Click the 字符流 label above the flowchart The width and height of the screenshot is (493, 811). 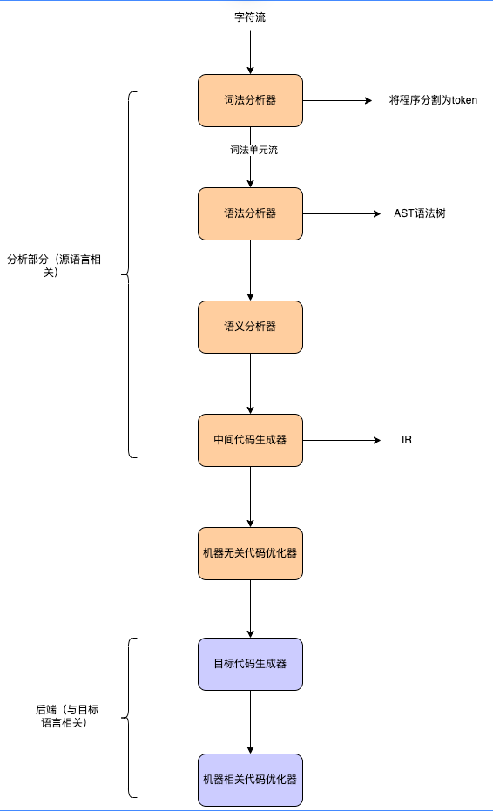(250, 17)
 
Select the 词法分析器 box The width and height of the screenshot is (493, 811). (250, 100)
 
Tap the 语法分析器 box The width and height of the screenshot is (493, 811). (250, 213)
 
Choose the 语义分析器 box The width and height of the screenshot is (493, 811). (250, 327)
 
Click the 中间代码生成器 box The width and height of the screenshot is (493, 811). (250, 440)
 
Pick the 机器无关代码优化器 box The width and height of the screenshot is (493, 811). (250, 553)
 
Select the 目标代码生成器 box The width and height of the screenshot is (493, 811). (250, 664)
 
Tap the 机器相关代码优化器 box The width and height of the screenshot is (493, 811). (250, 780)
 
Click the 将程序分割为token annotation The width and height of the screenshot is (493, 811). (433, 100)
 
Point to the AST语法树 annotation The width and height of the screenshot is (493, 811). (420, 213)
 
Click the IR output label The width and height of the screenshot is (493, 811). (407, 440)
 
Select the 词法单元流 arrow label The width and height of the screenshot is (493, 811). (254, 150)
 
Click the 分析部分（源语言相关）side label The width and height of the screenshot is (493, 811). (54, 266)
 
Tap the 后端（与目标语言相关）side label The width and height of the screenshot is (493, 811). (66, 716)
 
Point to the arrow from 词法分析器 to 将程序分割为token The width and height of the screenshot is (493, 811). (337, 100)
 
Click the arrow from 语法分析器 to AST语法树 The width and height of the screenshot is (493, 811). (341, 213)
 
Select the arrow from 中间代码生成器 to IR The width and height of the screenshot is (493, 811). (341, 440)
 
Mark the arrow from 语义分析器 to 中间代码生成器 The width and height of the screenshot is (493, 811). (250, 384)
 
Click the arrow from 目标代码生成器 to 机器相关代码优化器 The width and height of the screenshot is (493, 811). (250, 722)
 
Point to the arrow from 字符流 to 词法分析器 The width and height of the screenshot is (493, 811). (250, 53)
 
